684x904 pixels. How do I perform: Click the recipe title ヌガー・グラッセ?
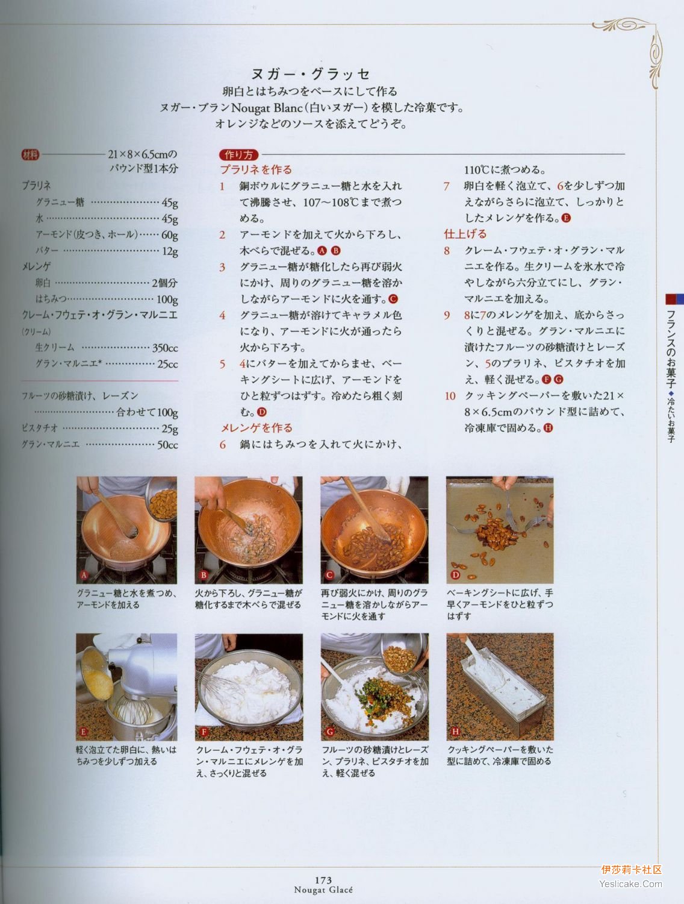311,74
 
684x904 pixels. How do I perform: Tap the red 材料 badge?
31,155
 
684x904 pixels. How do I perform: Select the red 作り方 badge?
239,155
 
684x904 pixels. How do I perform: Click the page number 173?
323,880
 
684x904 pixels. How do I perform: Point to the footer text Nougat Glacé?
323,890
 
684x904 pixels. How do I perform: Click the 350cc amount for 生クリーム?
165,348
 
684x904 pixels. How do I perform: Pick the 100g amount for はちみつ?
167,300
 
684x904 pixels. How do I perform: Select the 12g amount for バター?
169,251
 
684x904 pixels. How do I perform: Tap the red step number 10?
450,396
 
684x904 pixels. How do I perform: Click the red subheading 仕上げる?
465,234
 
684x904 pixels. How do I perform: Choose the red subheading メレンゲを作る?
256,428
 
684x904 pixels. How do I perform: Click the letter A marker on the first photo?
84,575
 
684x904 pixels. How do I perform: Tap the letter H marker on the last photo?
455,732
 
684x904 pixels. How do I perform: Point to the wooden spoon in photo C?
367,510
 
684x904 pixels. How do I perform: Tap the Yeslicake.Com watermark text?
630,884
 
